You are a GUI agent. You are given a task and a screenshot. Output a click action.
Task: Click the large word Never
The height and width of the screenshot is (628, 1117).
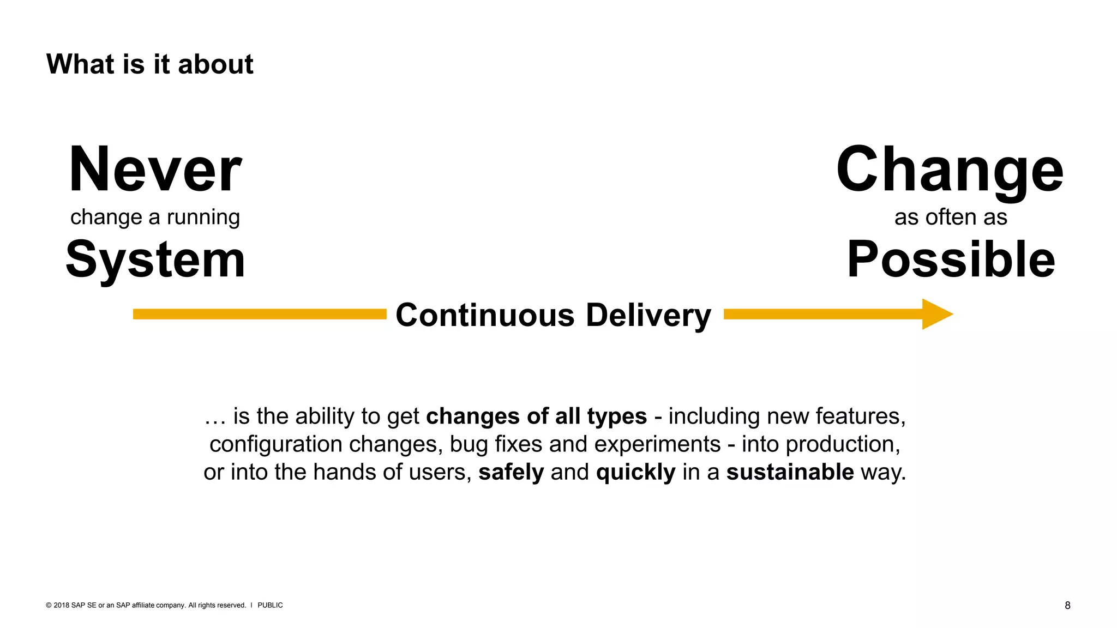tap(155, 170)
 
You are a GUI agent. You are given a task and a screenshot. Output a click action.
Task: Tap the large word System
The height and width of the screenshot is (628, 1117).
tap(155, 261)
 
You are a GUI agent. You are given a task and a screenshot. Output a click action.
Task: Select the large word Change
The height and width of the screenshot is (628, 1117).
tap(950, 170)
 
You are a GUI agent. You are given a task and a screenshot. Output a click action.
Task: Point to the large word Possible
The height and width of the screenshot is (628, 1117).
tap(951, 260)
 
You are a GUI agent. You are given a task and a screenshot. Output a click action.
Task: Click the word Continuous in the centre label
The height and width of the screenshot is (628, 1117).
tap(485, 315)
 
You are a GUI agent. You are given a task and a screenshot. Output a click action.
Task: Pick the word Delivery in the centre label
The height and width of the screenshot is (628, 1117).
tap(648, 315)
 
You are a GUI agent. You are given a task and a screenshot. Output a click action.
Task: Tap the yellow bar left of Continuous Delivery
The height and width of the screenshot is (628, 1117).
tap(260, 314)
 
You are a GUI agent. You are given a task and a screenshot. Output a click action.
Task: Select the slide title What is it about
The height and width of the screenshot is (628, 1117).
tap(150, 64)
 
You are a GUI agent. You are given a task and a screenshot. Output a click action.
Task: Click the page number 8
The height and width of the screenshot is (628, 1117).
tap(1067, 605)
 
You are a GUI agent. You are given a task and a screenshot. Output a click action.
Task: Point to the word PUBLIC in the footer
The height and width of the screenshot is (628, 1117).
tap(270, 605)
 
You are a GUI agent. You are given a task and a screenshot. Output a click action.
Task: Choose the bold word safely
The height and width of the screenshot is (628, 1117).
tap(511, 472)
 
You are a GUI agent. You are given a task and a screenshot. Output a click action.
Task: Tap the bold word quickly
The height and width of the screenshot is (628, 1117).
tap(635, 472)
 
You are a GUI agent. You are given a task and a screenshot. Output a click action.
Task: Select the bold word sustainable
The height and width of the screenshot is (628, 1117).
tap(790, 472)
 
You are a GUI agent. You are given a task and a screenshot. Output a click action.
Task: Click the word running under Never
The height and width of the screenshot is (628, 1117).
tap(203, 218)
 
